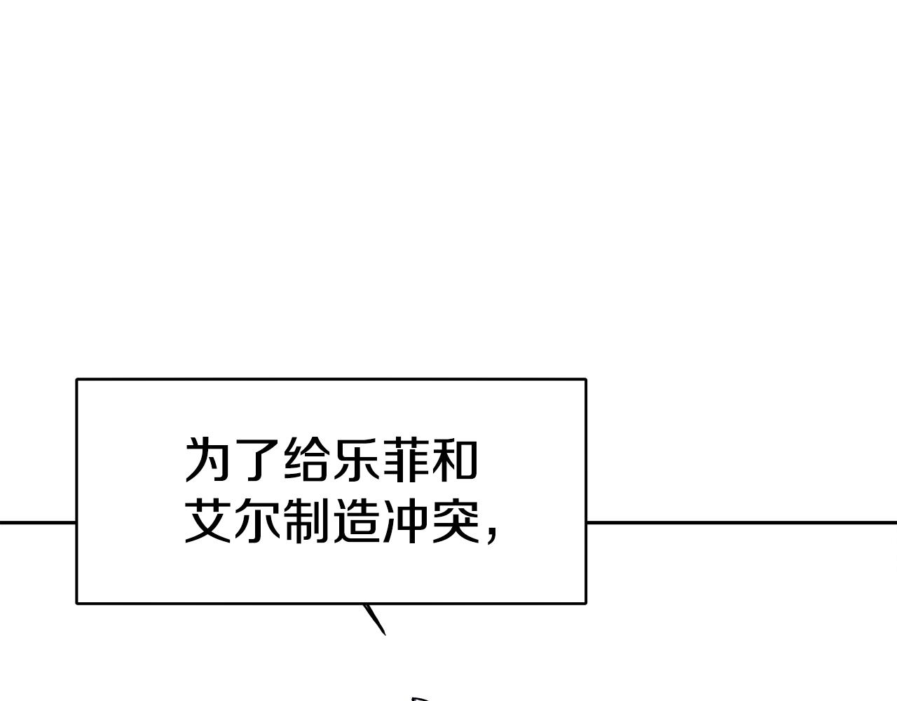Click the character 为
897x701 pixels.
(207, 459)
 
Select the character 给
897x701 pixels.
(306, 459)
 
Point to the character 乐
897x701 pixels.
(356, 459)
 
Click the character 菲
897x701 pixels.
(405, 459)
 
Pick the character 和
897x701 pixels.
(455, 459)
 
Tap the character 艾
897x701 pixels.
(207, 520)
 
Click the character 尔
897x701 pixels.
(256, 520)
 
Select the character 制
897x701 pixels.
(306, 520)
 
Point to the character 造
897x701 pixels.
(356, 520)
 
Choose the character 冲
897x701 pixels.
(405, 520)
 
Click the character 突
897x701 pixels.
(455, 520)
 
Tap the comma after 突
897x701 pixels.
(492, 536)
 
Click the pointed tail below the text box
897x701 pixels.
(374, 619)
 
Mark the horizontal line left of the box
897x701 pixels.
(38, 523)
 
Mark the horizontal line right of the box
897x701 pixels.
(742, 523)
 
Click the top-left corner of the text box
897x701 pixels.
(77, 379)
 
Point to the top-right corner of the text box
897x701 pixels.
(586, 379)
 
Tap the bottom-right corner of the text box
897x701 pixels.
(586, 604)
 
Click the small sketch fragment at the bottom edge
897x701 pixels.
(420, 698)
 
